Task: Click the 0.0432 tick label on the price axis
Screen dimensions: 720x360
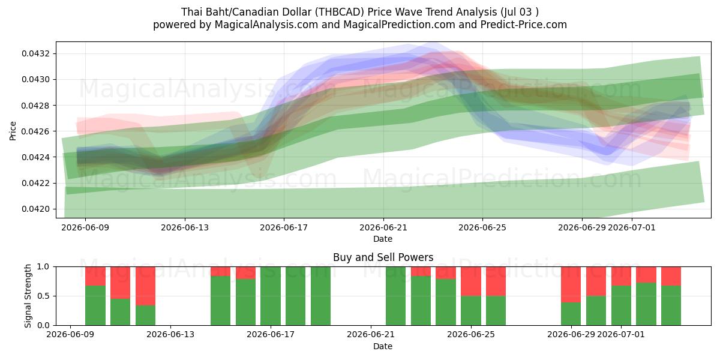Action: coord(35,53)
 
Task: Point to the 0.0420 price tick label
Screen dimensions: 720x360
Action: coord(35,209)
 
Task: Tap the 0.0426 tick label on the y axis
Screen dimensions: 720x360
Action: coord(35,131)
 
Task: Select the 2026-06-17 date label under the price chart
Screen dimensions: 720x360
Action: coord(284,227)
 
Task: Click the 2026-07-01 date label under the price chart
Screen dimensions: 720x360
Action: coord(632,227)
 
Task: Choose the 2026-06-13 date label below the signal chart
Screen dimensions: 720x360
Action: coord(170,335)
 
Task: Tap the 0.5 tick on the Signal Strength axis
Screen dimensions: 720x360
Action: coord(43,296)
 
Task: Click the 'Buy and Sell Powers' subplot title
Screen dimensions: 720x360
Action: coord(383,257)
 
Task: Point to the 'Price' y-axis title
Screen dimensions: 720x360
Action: coord(13,131)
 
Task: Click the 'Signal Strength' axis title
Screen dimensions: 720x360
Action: coord(28,296)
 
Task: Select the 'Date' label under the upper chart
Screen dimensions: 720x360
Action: coord(383,239)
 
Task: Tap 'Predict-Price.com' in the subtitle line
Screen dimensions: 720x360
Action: coord(524,25)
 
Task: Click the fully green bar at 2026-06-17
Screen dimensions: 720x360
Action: coord(271,296)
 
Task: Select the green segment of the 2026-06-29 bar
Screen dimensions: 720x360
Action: coord(571,314)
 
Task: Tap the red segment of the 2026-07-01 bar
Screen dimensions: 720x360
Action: coord(621,276)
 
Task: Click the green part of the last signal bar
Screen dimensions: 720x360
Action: coord(671,305)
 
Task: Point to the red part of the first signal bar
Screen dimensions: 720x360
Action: coord(95,276)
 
